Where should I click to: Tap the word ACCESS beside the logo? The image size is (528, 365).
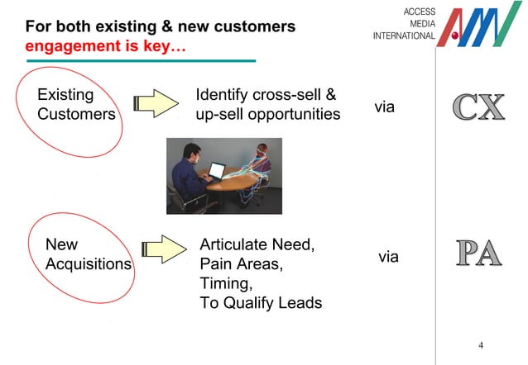tap(418, 10)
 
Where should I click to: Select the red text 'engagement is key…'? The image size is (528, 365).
tap(105, 46)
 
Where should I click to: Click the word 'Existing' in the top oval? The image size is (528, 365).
tap(65, 94)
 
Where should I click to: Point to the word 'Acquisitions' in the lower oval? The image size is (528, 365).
tap(88, 263)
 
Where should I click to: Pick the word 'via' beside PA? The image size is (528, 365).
tap(388, 257)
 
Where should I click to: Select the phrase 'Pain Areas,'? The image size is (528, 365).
tap(241, 264)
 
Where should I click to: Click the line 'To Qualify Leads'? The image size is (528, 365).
tap(261, 303)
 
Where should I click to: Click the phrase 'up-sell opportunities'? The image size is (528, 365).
tap(267, 114)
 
